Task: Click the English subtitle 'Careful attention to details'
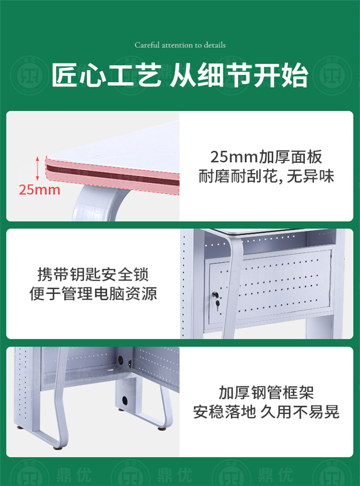(x=180, y=45)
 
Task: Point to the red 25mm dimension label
(x=40, y=189)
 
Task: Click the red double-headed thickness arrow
(x=38, y=168)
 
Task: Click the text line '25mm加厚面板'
(x=266, y=157)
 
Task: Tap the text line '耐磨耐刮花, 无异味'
(x=266, y=176)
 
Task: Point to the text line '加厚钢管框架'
(x=266, y=393)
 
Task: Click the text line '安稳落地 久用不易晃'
(x=266, y=412)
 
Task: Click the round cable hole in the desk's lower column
(x=125, y=400)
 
